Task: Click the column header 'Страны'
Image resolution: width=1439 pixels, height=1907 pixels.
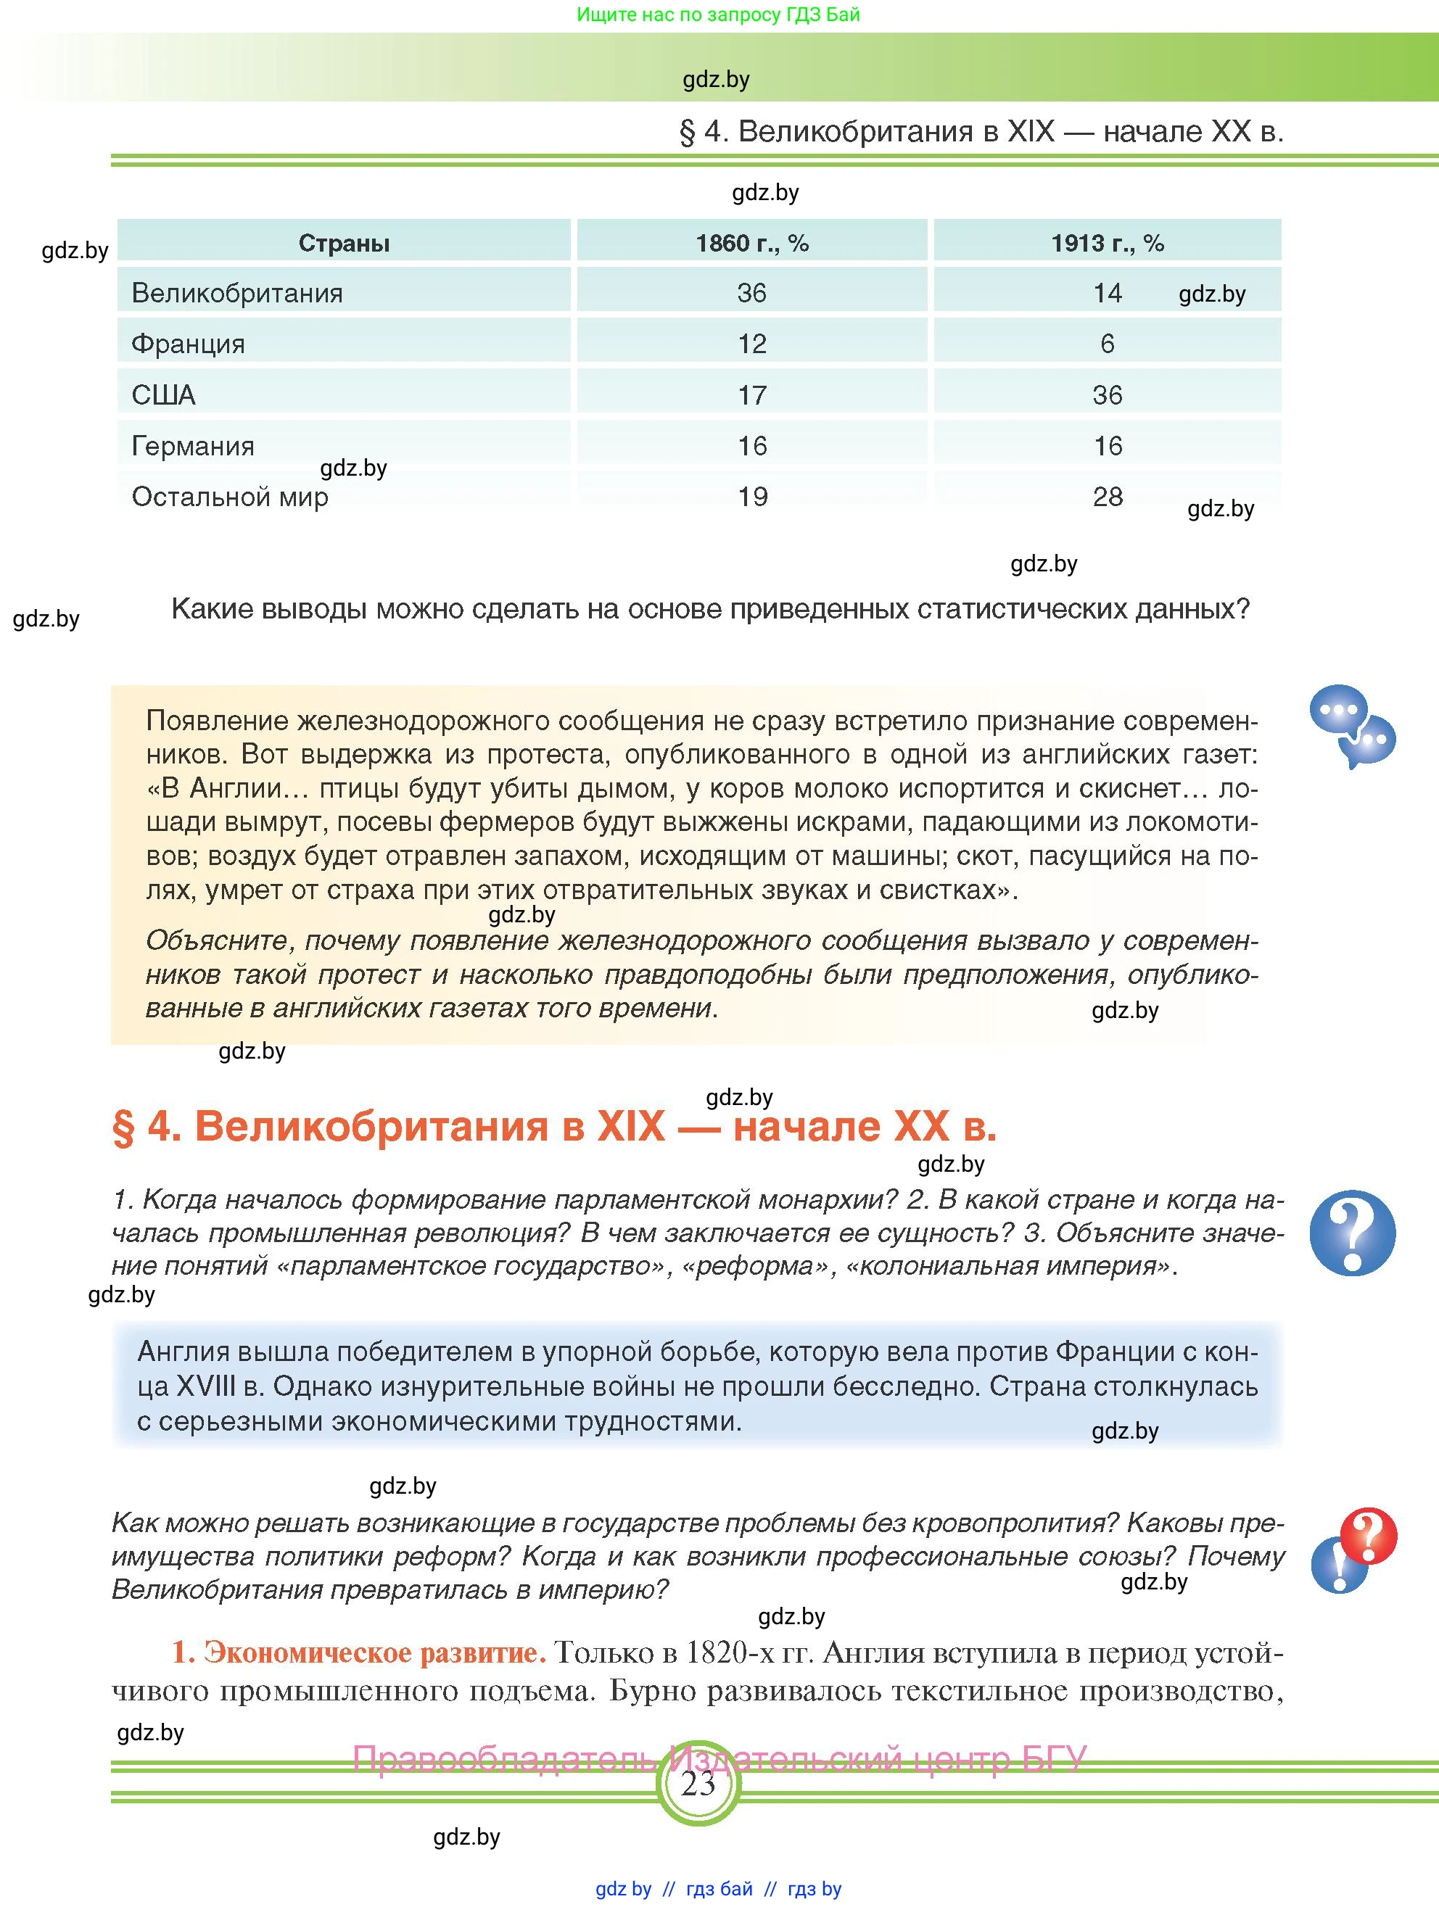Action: click(x=344, y=243)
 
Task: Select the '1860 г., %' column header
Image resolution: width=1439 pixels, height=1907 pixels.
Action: click(x=752, y=243)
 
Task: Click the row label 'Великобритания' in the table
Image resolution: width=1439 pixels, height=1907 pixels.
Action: click(x=237, y=293)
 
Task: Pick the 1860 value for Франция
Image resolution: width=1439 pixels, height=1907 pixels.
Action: click(x=752, y=344)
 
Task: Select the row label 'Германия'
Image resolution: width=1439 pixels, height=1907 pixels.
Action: click(x=193, y=446)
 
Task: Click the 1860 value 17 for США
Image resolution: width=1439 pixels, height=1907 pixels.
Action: click(x=752, y=395)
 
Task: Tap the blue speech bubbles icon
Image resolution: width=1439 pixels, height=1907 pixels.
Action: click(x=1351, y=726)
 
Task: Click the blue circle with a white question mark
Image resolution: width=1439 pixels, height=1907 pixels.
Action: click(x=1351, y=1233)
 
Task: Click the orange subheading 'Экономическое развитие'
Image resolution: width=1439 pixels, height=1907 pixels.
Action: click(x=371, y=1652)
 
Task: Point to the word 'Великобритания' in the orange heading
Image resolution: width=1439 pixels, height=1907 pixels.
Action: click(x=371, y=1126)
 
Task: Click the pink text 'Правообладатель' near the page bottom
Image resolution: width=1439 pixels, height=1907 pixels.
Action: click(x=504, y=1758)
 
